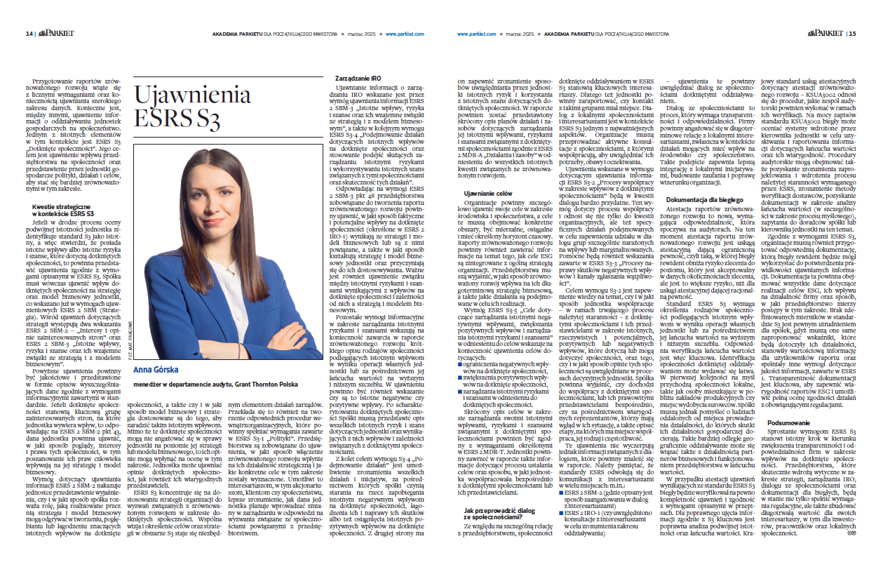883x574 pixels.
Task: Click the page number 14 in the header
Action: pos(29,33)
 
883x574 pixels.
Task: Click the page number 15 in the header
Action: pos(851,33)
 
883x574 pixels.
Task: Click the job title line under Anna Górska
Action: pos(217,385)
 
